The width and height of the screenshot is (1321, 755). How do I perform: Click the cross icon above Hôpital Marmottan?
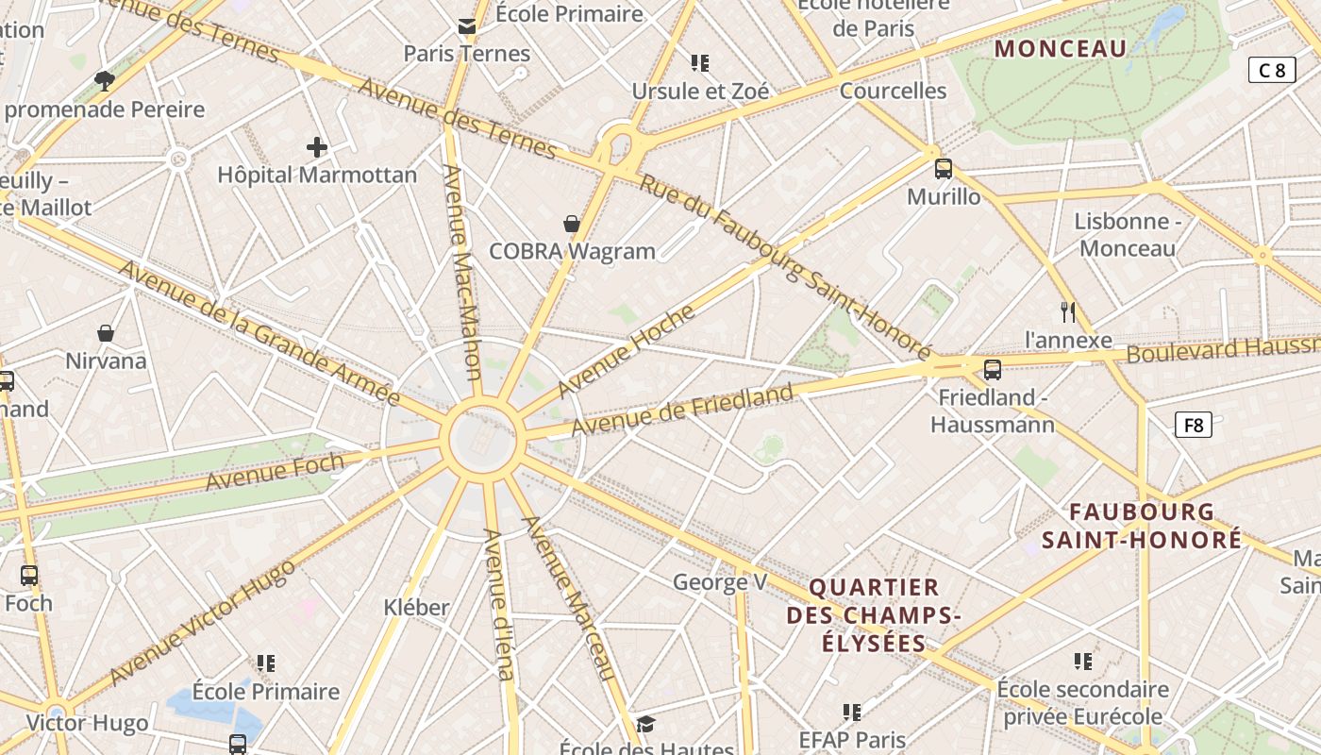point(317,147)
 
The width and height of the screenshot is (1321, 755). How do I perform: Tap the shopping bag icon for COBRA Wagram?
point(572,224)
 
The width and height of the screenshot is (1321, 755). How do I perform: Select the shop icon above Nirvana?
point(106,333)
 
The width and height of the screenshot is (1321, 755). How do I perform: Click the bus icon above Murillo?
point(943,169)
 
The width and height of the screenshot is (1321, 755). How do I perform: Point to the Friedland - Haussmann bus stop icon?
point(992,369)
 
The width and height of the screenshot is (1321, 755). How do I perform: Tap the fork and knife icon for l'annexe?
point(1068,312)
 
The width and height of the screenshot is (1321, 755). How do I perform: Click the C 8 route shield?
point(1271,70)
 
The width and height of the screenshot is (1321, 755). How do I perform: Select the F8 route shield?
point(1194,425)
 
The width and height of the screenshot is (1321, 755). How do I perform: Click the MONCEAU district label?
point(1061,48)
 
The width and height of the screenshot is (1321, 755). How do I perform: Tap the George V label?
point(720,582)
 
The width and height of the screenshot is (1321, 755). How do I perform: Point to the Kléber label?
point(416,607)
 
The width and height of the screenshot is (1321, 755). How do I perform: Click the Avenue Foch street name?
point(275,471)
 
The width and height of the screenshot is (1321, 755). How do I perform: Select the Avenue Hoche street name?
point(626,351)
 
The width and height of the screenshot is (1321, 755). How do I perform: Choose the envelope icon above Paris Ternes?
point(467,25)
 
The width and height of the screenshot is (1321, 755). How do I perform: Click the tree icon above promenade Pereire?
point(105,81)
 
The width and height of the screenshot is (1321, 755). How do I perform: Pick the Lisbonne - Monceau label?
point(1128,235)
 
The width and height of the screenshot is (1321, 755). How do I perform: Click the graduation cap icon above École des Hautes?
point(645,724)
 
